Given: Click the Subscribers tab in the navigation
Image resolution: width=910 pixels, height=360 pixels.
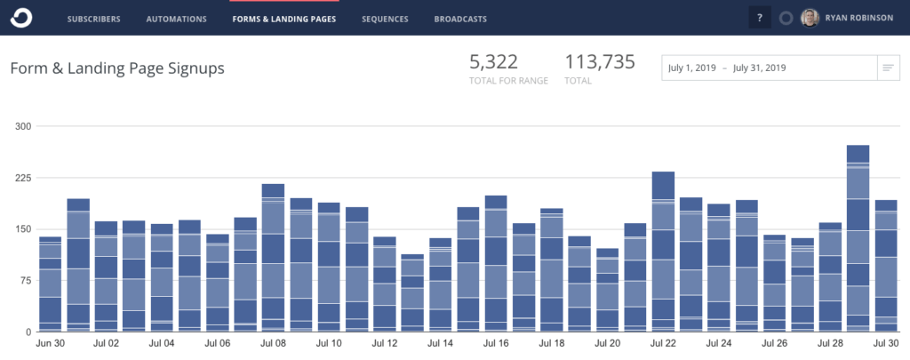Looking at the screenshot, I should coord(93,18).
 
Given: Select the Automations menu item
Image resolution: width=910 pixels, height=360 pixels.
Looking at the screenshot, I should coord(176,18).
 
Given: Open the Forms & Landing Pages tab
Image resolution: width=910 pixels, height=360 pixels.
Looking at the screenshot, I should coord(283,18).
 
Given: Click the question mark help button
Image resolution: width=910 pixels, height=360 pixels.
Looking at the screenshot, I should coord(759,18).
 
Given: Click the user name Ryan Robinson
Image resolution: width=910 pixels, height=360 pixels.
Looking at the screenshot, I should coord(860,18).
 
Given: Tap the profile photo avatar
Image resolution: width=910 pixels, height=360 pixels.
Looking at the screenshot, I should coord(810,18).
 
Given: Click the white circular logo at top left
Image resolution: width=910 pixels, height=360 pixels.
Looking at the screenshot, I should coord(21,17).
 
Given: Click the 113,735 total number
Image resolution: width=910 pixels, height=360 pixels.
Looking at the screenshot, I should coord(600,61).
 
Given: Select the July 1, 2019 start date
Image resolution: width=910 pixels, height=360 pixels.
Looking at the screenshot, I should coord(693,68).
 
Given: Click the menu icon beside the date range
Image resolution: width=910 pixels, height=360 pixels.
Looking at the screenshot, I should coord(887,68).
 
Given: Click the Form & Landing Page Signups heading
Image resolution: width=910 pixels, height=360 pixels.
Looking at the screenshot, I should coord(117,68).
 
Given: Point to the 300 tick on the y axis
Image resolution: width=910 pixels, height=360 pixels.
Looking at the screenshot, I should coord(23,126).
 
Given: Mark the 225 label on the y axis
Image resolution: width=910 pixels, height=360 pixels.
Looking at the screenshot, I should coord(23,178).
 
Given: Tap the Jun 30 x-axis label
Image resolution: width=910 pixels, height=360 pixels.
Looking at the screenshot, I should coord(50,343).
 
